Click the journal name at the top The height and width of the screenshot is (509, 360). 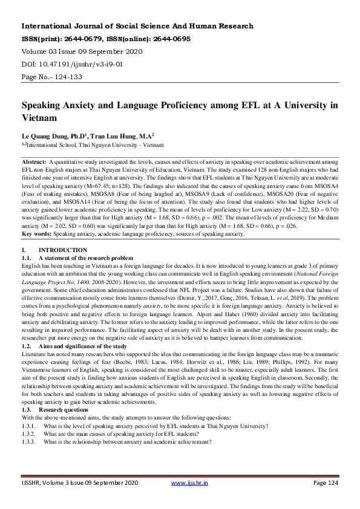(x=137, y=27)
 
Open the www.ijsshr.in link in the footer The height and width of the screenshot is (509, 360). (x=190, y=484)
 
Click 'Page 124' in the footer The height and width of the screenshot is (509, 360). (x=327, y=484)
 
